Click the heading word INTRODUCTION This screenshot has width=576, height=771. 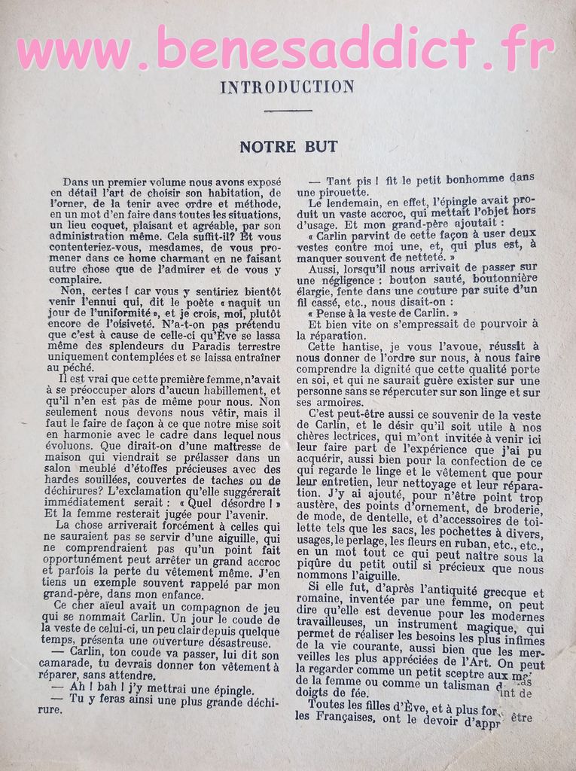coord(287,87)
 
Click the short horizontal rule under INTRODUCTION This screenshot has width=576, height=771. coord(288,110)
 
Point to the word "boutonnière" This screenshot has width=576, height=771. coord(503,279)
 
